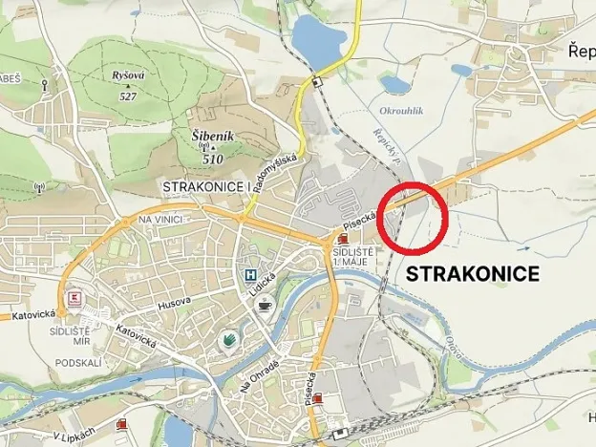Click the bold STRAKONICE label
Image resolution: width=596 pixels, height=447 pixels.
click(x=474, y=274)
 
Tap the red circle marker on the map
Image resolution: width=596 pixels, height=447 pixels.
click(x=413, y=218)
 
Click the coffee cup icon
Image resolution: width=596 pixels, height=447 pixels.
click(x=265, y=304)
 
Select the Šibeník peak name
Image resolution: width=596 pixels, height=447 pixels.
click(x=213, y=137)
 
